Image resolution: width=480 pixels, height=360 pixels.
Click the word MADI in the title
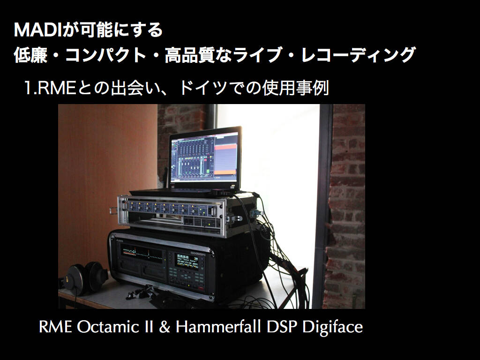38,30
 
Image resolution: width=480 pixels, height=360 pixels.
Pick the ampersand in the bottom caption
165,327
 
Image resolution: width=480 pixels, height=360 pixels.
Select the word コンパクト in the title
105,55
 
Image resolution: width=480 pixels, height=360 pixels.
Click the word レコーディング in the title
358,55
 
